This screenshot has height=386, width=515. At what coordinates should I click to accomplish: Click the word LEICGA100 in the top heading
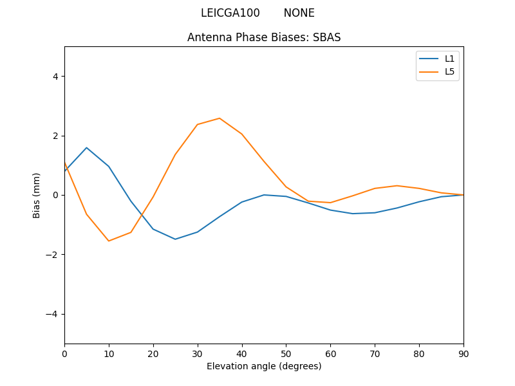pyautogui.click(x=230, y=13)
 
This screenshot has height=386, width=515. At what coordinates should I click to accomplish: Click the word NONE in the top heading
pyautogui.click(x=299, y=13)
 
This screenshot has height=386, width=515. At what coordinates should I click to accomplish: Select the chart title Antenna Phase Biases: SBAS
pyautogui.click(x=264, y=37)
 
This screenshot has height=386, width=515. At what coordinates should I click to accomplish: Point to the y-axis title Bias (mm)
pyautogui.click(x=37, y=195)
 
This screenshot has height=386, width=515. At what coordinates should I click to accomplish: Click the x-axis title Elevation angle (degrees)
pyautogui.click(x=264, y=366)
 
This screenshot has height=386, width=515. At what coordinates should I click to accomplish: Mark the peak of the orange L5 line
pyautogui.click(x=220, y=118)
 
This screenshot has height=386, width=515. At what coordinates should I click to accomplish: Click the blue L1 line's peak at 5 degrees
pyautogui.click(x=86, y=147)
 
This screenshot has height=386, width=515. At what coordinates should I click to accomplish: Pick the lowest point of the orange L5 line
pyautogui.click(x=109, y=241)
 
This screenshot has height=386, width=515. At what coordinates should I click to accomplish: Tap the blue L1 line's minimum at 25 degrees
pyautogui.click(x=175, y=239)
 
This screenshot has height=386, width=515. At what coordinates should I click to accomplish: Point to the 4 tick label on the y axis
pyautogui.click(x=55, y=76)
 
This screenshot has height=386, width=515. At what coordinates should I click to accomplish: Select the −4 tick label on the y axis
pyautogui.click(x=52, y=314)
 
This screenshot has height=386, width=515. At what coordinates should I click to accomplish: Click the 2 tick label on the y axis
pyautogui.click(x=55, y=136)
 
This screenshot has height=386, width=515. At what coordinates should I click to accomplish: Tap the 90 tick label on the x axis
pyautogui.click(x=464, y=353)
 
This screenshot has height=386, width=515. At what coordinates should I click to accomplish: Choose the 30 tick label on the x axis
pyautogui.click(x=198, y=353)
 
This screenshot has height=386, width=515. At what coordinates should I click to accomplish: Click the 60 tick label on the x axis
pyautogui.click(x=330, y=353)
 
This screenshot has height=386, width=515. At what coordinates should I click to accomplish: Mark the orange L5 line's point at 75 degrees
pyautogui.click(x=397, y=185)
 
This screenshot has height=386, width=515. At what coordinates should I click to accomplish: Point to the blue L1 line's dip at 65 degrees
pyautogui.click(x=353, y=214)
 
